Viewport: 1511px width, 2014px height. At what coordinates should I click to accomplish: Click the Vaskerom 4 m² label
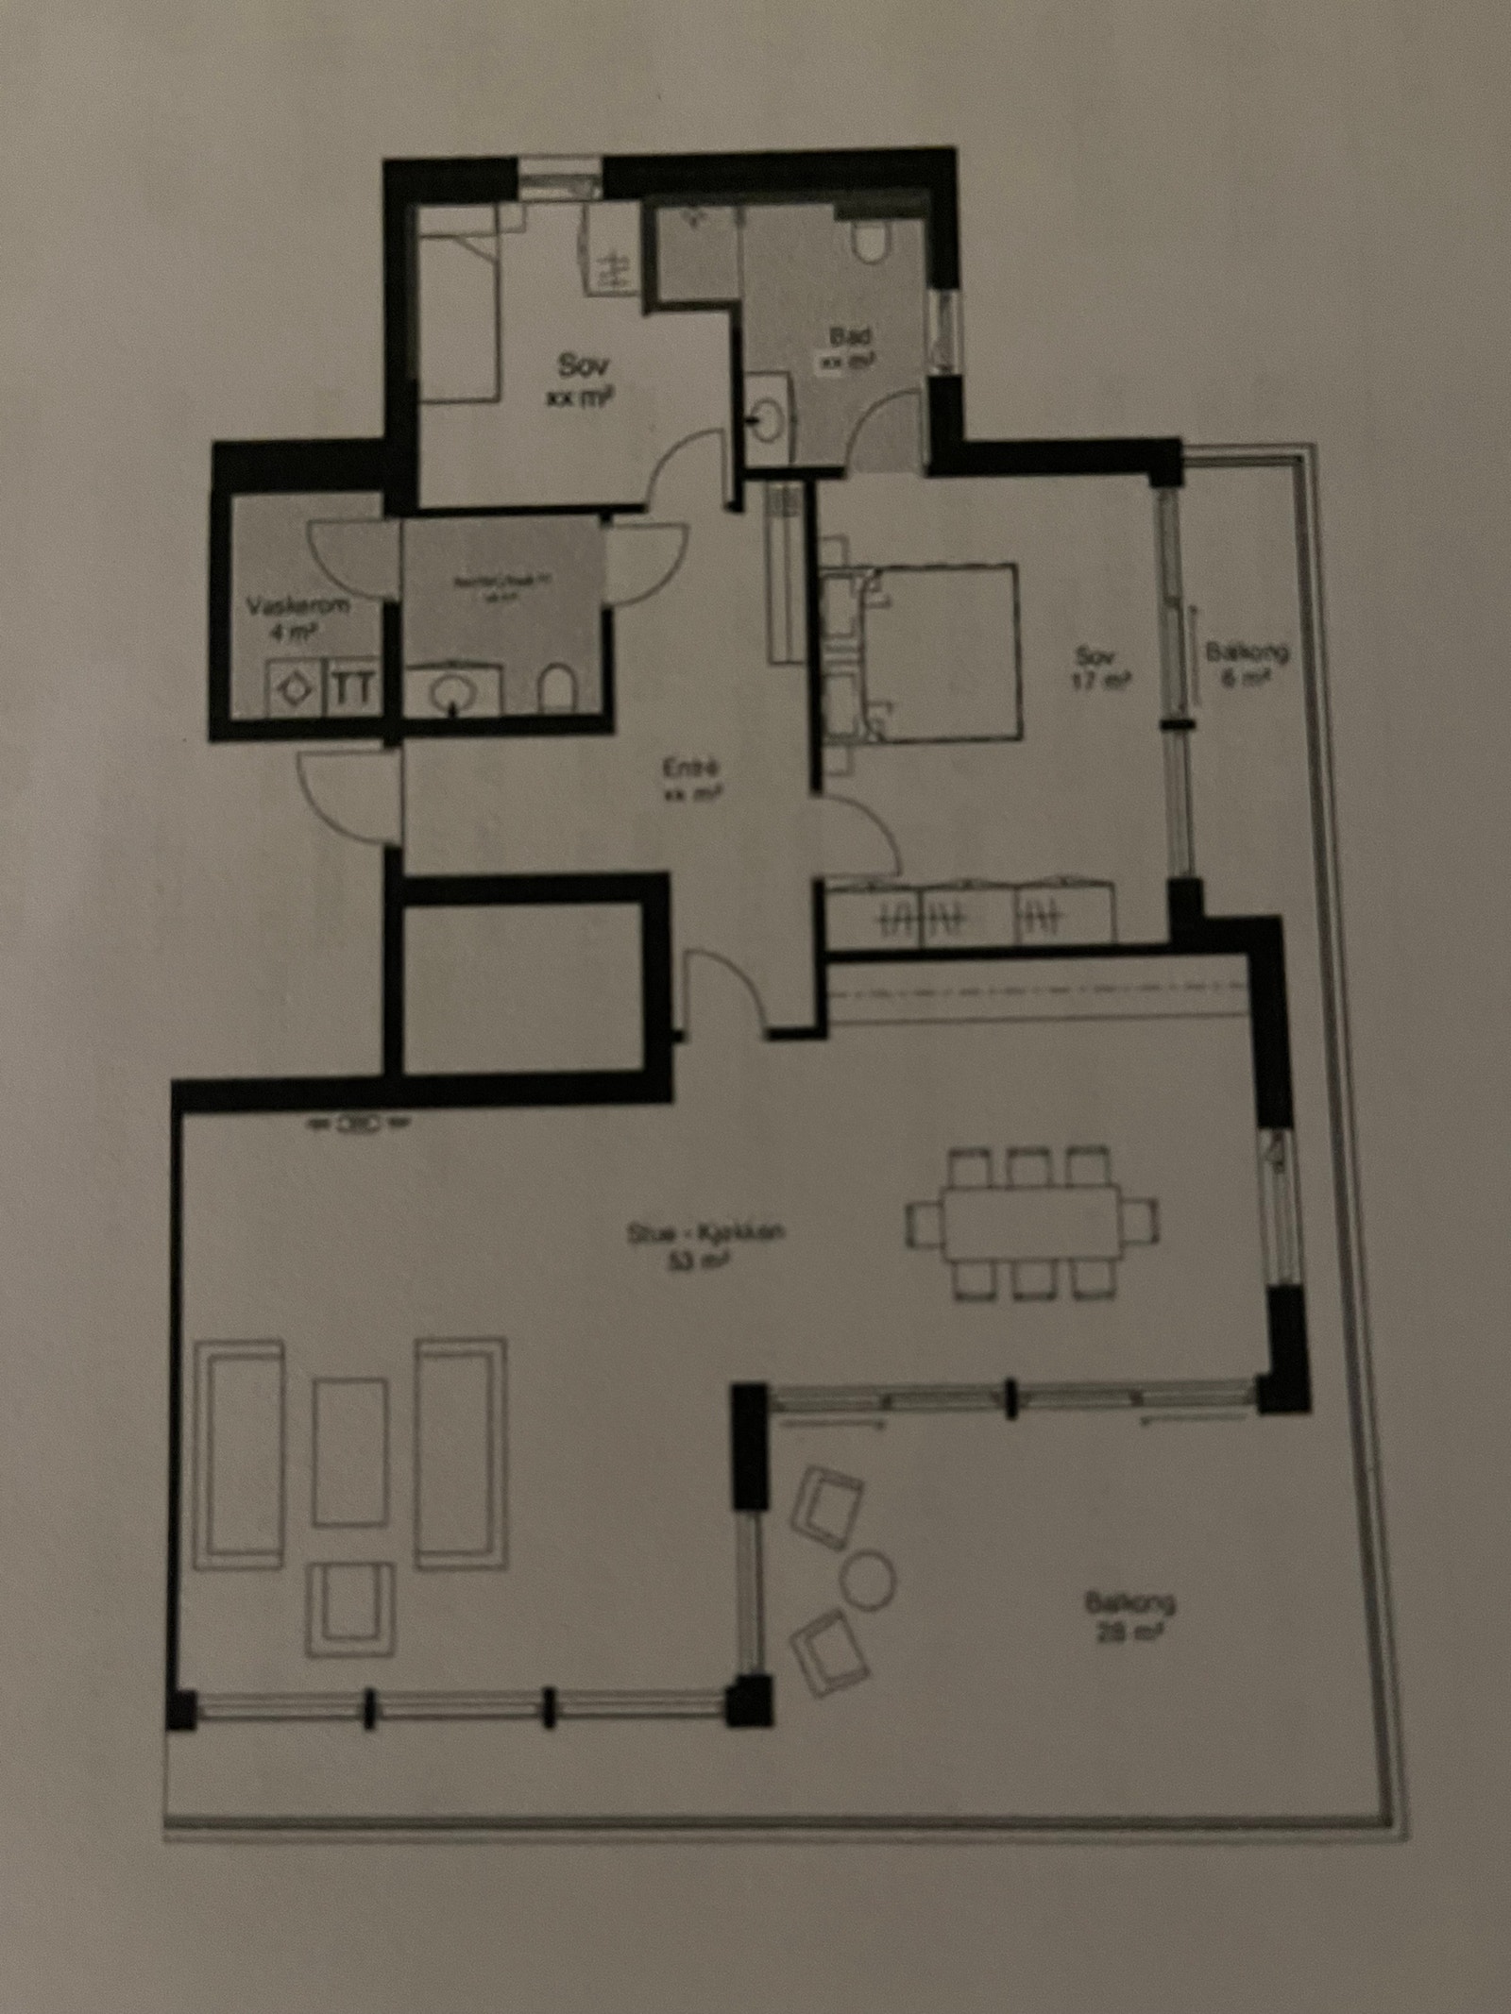point(285,616)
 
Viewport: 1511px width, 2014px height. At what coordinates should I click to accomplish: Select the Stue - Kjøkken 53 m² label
point(705,1246)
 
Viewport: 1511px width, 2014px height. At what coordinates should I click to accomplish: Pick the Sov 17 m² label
point(1101,667)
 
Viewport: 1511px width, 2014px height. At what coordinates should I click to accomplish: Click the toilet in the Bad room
point(870,243)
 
